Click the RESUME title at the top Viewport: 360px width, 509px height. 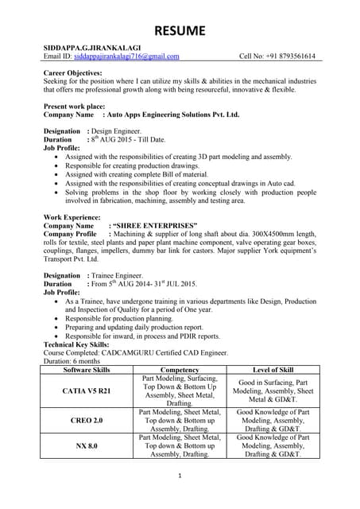(x=179, y=31)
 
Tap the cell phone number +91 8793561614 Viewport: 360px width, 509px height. (x=287, y=56)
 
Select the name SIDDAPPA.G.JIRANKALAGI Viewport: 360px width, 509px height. (x=94, y=48)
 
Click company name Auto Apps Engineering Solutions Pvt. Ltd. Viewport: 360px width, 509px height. (x=173, y=115)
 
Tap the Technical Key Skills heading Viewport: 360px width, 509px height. (x=82, y=344)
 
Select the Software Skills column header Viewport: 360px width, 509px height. (x=87, y=370)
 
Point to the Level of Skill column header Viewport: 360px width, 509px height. (x=273, y=370)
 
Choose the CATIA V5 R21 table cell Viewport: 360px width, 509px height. (x=87, y=390)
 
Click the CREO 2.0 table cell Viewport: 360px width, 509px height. (x=87, y=419)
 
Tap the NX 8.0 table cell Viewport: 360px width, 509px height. (x=87, y=446)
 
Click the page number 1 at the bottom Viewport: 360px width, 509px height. (x=180, y=476)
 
